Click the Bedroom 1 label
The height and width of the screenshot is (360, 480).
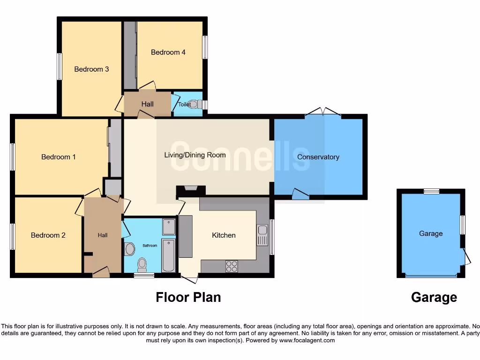[59, 157]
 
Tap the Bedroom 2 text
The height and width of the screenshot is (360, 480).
[48, 235]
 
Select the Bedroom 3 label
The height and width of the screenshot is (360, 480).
[91, 69]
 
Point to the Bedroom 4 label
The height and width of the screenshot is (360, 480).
[168, 52]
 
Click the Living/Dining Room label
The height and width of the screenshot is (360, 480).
[195, 155]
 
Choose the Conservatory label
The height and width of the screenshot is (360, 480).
[318, 157]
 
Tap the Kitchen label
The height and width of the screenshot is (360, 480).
[224, 235]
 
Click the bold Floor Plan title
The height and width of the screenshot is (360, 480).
[188, 297]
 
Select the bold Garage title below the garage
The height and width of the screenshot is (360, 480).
[434, 297]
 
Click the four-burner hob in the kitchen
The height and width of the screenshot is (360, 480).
[232, 266]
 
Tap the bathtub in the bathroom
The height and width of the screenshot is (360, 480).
[168, 255]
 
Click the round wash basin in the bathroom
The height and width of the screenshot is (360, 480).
[130, 249]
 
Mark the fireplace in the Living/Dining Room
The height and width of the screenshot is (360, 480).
[191, 190]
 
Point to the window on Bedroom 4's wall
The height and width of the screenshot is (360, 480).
[205, 47]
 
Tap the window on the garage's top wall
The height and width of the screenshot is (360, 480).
[431, 191]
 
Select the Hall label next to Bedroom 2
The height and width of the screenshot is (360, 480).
[103, 235]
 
